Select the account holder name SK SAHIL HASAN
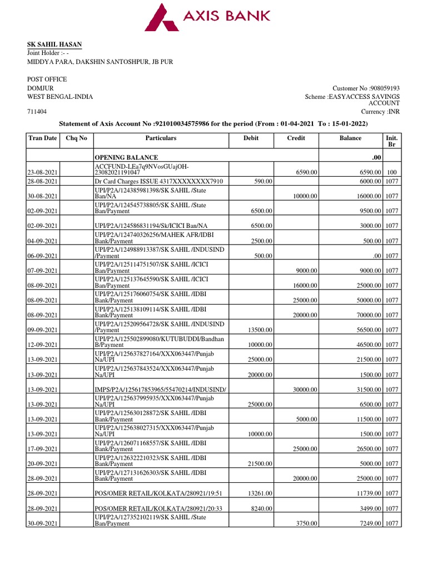tap(55, 44)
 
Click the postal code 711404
tap(37, 112)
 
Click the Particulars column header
tap(161, 138)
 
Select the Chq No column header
tap(77, 138)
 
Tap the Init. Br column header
tap(391, 141)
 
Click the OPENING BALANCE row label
tap(126, 158)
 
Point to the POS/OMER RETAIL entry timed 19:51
tap(158, 493)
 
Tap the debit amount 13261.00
tap(259, 493)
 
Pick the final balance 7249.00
tap(368, 523)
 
